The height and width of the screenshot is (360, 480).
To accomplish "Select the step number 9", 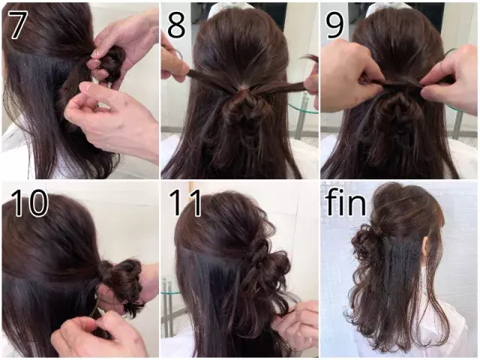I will pos(335,25).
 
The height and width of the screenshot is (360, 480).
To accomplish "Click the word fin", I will pos(346,202).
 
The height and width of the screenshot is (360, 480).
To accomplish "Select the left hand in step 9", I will pos(345,75).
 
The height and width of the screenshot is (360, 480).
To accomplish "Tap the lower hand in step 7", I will pos(112,120).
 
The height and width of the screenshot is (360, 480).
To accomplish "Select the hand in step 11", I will pos(296,322).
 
